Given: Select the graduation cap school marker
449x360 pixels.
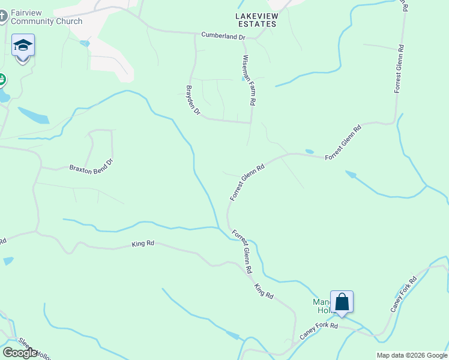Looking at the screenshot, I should point(23,46).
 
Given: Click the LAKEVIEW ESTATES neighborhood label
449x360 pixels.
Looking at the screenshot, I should point(255,19).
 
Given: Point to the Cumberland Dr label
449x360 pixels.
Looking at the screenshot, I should point(223,37).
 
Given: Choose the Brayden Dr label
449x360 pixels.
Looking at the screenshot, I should point(192,100).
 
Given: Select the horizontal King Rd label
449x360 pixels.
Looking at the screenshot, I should point(143,244).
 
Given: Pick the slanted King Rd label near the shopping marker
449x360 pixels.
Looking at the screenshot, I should point(264,292).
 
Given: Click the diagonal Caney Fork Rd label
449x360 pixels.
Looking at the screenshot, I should point(403,294).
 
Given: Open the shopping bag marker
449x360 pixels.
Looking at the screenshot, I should point(342,301).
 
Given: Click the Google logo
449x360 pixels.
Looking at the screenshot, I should point(20,353).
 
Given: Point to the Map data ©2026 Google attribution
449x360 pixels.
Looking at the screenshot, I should point(412,355).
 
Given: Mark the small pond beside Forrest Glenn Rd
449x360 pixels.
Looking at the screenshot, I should point(309,151).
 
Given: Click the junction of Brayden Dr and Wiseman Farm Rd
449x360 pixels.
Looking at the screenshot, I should point(250,122).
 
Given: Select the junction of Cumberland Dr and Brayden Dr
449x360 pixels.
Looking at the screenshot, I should point(196,34).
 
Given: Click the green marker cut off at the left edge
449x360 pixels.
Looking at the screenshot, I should point(2,80).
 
